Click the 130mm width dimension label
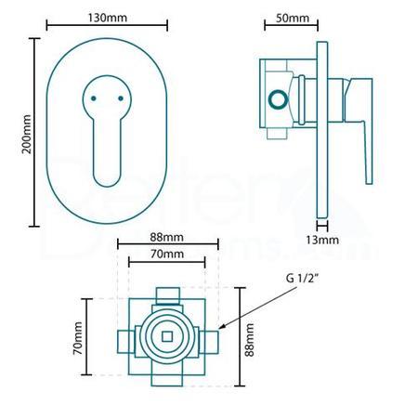(x=103, y=20)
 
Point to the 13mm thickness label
(x=321, y=240)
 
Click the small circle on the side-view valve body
(x=276, y=98)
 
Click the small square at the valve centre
(x=167, y=335)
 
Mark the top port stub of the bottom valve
(x=167, y=295)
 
